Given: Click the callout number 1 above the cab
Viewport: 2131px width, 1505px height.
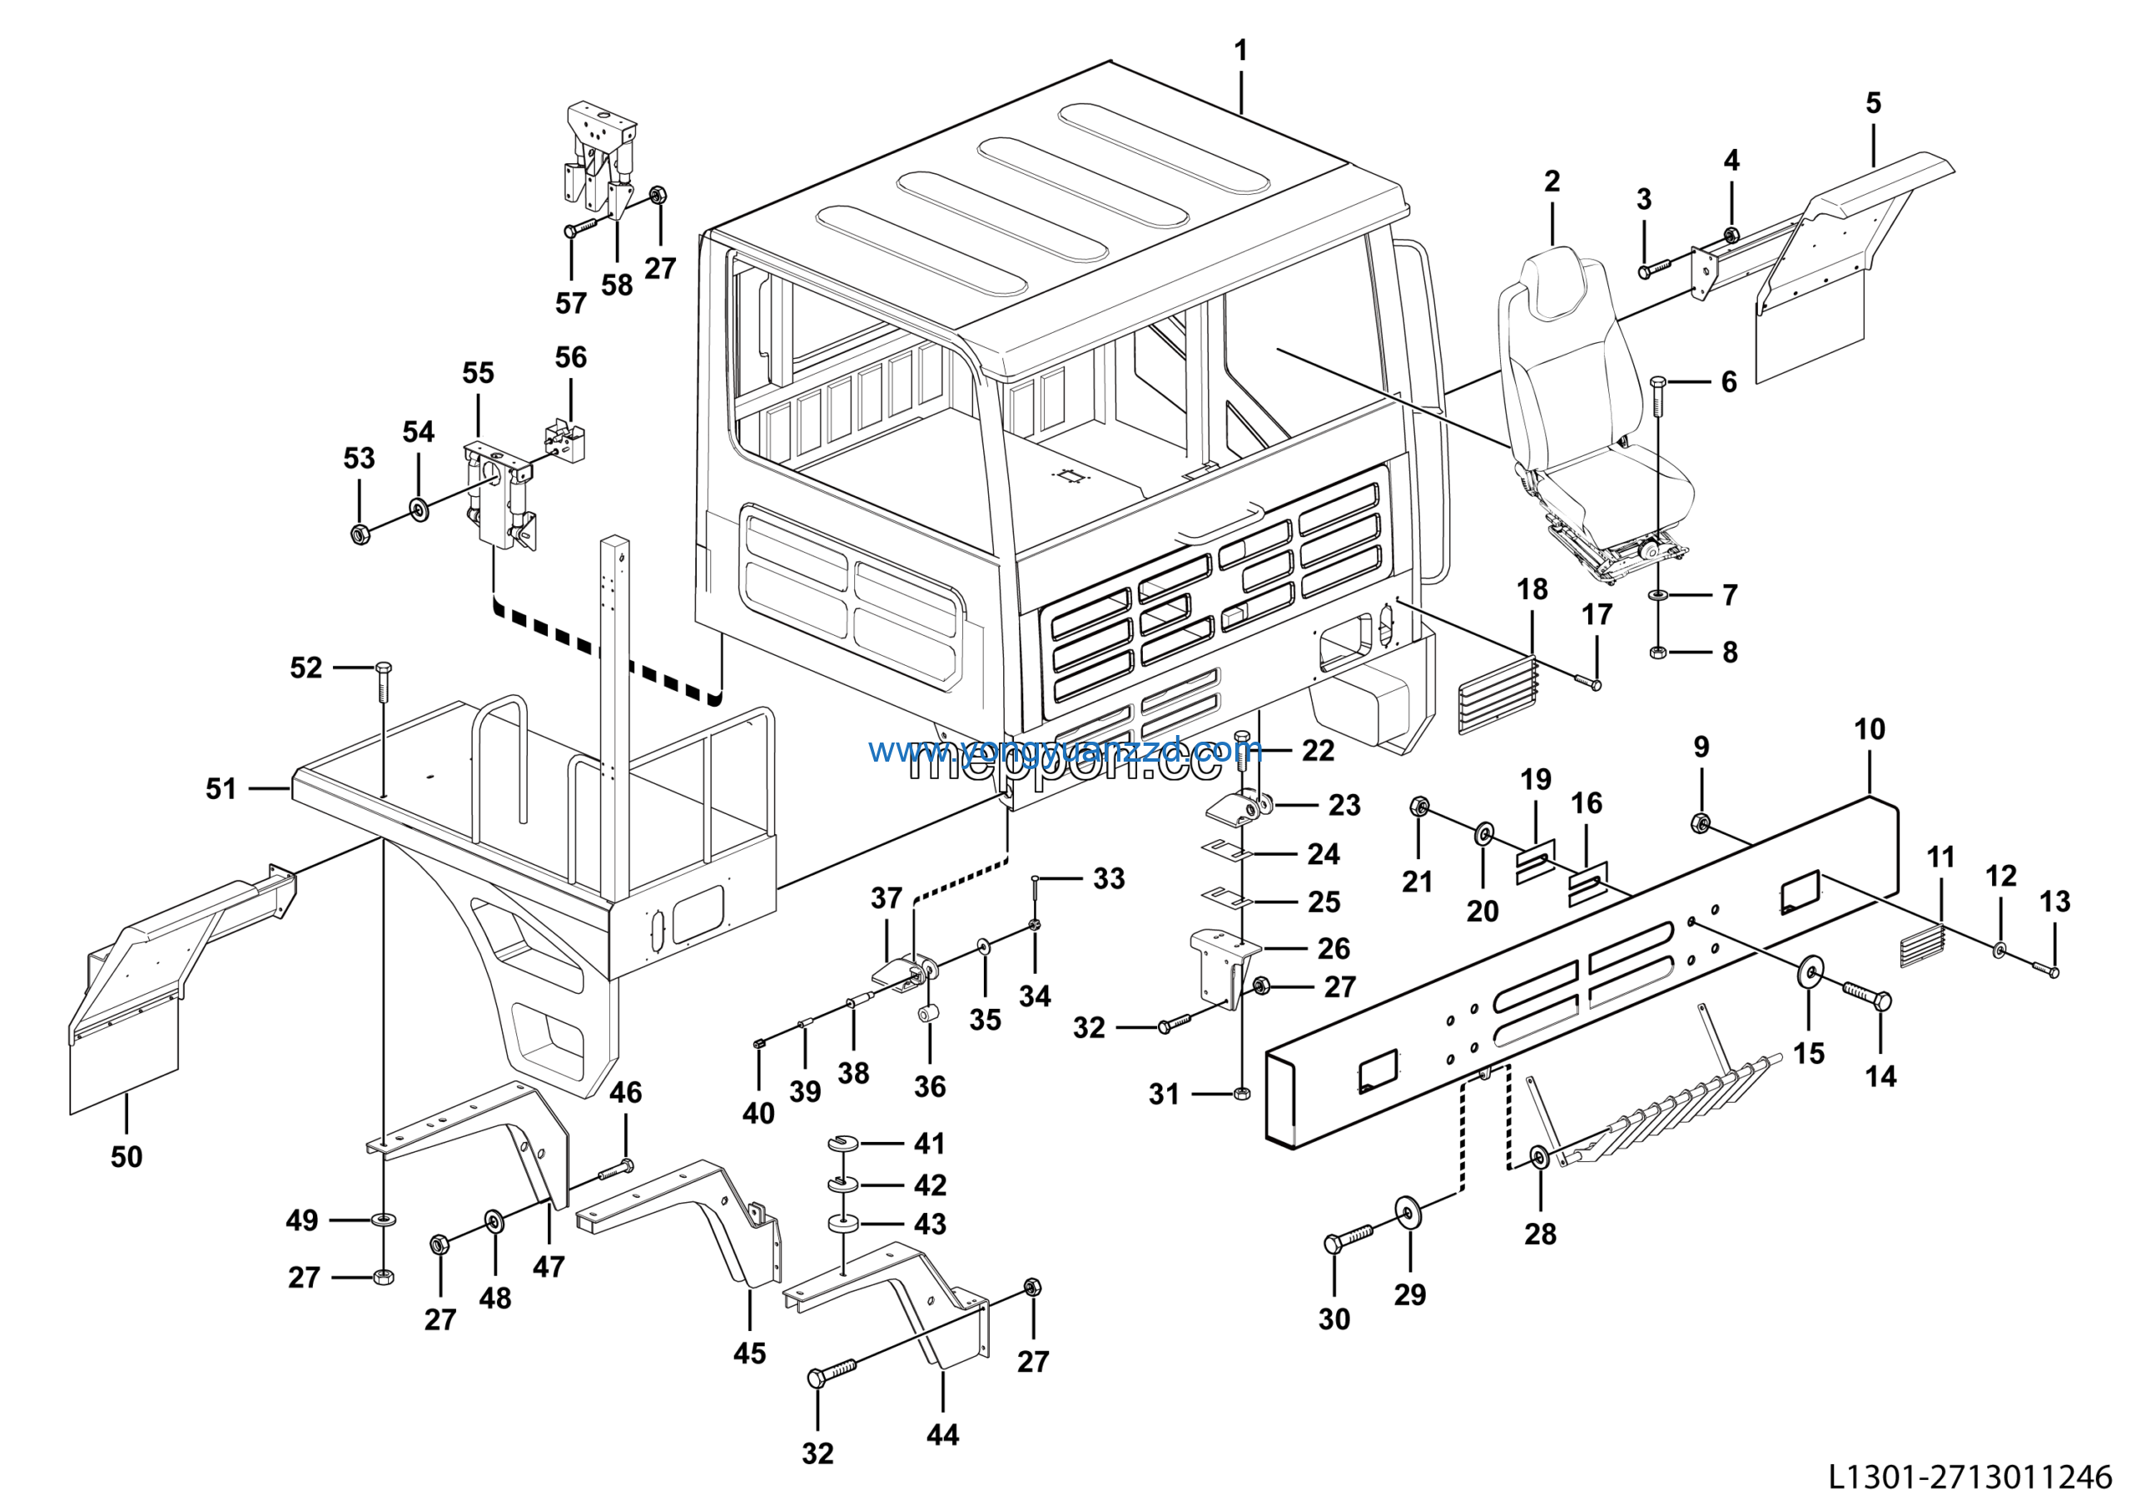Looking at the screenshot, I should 1241,51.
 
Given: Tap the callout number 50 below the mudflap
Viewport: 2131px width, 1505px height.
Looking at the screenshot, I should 127,1157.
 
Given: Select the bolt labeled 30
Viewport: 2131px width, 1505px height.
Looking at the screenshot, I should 1346,1239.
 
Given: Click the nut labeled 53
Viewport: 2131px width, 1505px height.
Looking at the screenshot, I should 360,534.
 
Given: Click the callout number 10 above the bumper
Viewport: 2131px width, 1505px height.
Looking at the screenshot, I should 1870,729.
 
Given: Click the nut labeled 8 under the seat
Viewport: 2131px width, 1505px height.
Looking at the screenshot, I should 1658,653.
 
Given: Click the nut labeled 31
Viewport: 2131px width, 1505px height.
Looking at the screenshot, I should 1243,1094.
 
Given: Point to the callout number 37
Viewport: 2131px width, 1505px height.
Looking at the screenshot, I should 887,898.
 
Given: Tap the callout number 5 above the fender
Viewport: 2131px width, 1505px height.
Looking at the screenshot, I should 1873,103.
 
